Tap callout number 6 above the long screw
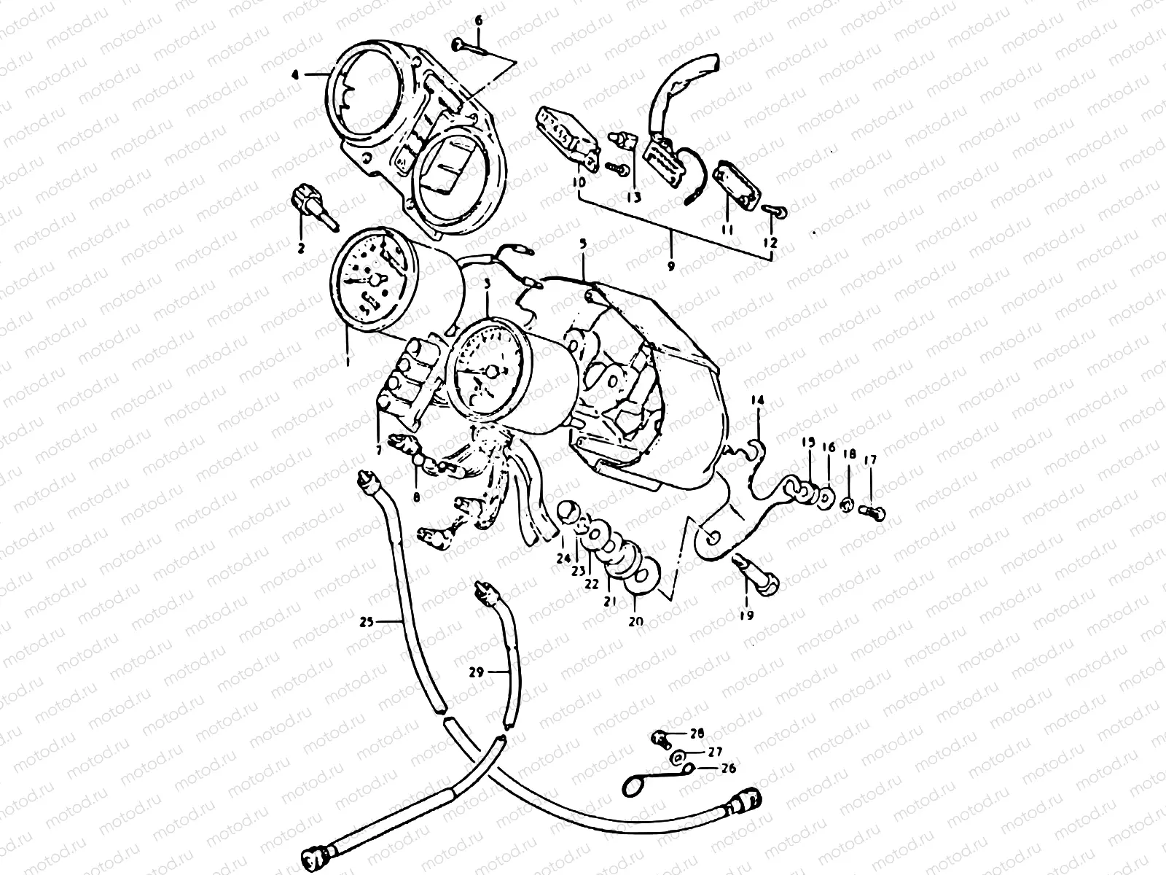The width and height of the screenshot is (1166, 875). (x=479, y=20)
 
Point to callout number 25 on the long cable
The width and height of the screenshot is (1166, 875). (x=367, y=622)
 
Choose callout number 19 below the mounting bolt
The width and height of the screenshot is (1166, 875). (x=746, y=615)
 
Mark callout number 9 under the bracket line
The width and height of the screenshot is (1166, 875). (x=671, y=266)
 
